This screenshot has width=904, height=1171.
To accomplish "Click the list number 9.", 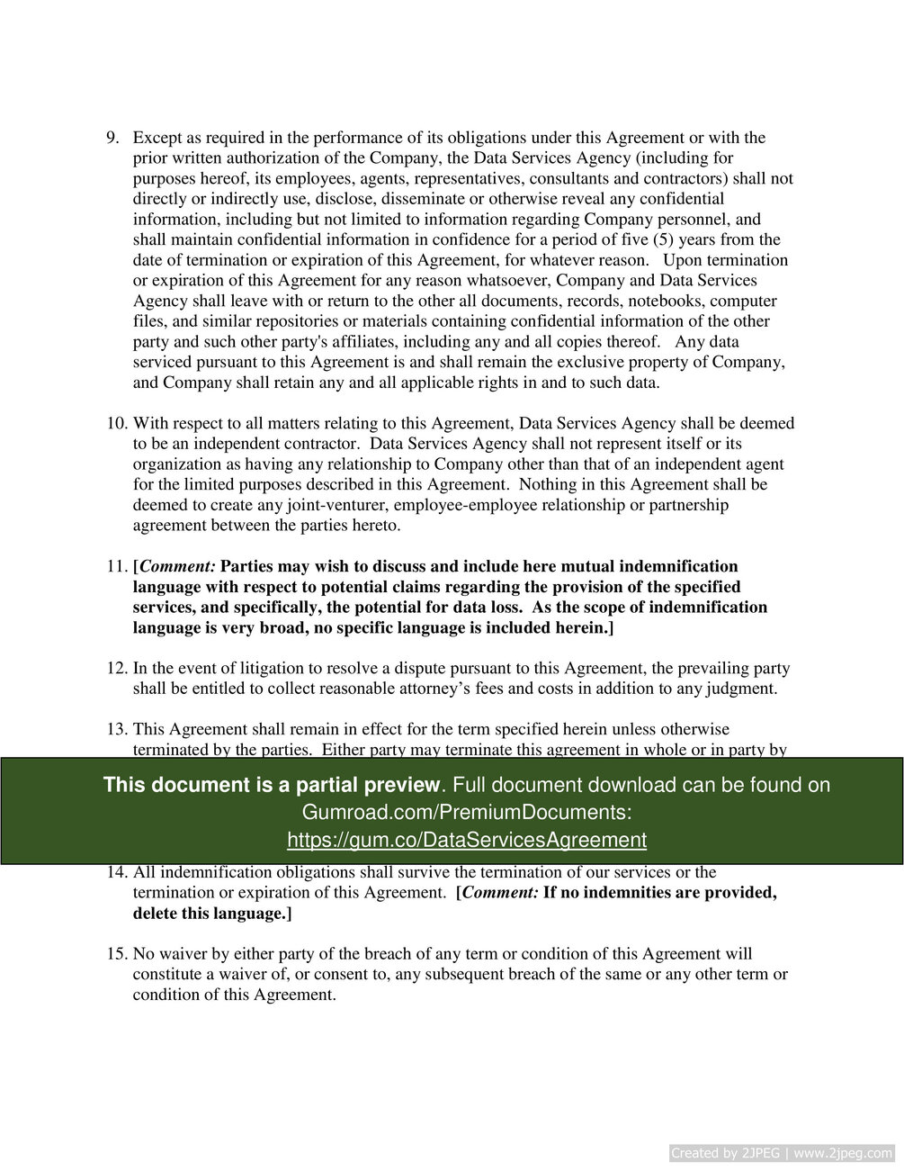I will click(x=112, y=138).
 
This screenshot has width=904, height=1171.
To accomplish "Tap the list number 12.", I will click(x=117, y=668).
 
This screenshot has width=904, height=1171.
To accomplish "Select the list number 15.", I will click(x=117, y=953).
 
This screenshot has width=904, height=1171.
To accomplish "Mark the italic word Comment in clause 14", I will click(x=500, y=893).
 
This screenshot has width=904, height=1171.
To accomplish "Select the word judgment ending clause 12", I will click(x=740, y=689).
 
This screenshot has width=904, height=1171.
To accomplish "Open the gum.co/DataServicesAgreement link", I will click(x=466, y=840).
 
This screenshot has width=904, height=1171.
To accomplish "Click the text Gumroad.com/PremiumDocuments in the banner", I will click(x=466, y=812).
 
